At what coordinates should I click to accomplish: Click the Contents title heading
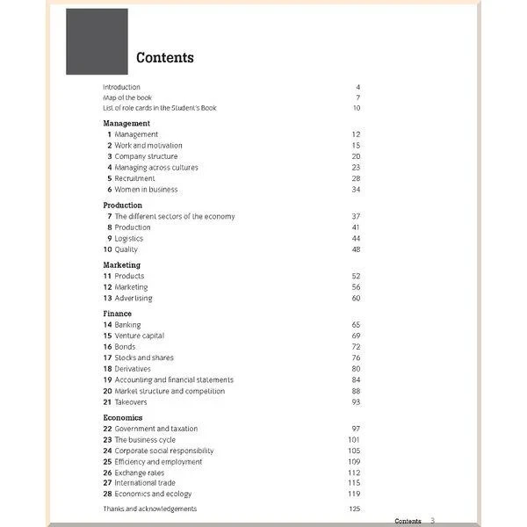(165, 58)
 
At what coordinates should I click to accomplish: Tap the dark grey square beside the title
(97, 41)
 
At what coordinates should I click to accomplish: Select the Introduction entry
(121, 87)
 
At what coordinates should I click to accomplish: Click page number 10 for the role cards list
(357, 108)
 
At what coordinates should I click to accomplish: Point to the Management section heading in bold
(126, 124)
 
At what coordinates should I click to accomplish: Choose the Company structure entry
(146, 156)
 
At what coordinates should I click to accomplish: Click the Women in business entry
(146, 189)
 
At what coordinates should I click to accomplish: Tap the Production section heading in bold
(122, 206)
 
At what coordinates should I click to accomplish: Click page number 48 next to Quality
(356, 249)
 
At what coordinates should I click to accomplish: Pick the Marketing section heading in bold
(121, 265)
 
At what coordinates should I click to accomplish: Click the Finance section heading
(117, 314)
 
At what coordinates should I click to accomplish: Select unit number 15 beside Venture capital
(107, 336)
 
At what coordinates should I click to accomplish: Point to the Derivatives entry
(133, 369)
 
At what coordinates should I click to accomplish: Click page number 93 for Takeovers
(356, 402)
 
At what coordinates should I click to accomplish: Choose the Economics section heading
(122, 418)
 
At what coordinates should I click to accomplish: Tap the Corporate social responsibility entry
(164, 451)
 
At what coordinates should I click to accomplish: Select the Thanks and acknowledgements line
(149, 509)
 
